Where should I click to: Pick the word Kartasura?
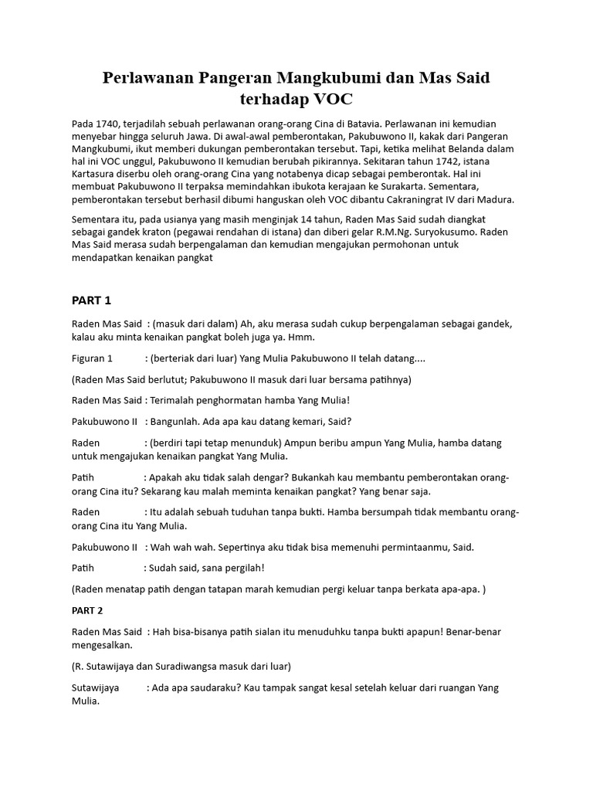(97, 174)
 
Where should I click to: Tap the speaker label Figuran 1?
(93, 358)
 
